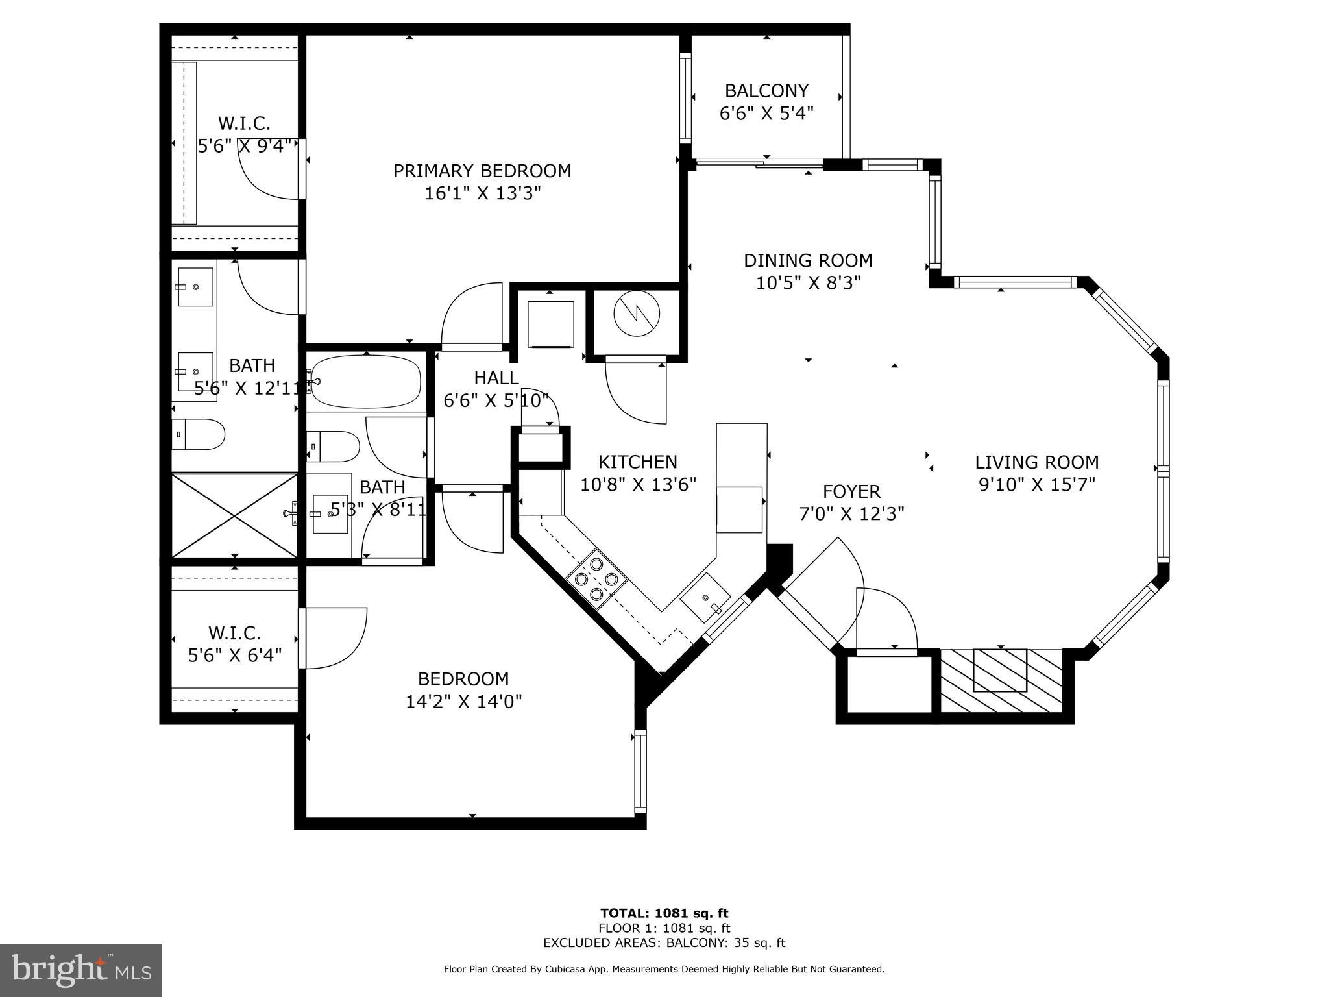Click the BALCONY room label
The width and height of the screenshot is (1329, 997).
point(766,90)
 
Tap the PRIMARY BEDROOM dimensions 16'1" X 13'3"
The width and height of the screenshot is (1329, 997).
point(482,193)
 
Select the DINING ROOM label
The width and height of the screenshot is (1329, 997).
point(808,260)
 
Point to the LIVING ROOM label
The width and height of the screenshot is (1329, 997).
point(1036,462)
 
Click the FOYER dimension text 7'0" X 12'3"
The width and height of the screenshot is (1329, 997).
point(851,514)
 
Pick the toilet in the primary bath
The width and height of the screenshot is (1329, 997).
point(199,434)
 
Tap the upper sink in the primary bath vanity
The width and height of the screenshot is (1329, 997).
point(195,287)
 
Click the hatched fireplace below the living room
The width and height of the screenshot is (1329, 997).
point(1000,680)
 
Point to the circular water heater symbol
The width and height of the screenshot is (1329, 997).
point(636,314)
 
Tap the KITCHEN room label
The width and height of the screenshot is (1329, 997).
point(637,462)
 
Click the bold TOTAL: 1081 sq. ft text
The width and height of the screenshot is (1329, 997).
point(664,913)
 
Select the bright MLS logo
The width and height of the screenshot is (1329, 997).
point(80,970)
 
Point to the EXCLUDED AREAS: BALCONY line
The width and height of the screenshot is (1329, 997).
point(664,942)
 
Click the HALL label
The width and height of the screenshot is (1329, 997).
point(496,378)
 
